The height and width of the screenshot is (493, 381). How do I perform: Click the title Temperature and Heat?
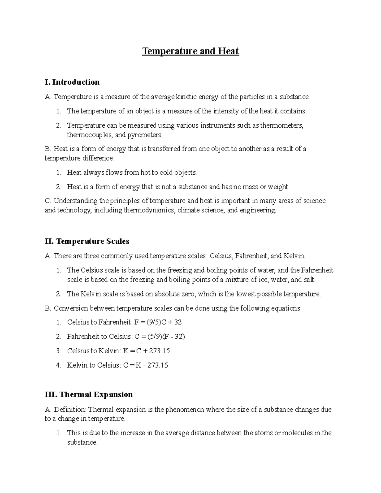tap(190, 51)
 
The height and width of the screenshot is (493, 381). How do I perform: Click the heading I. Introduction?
tap(72, 82)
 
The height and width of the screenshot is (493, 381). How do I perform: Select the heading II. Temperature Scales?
tap(87, 241)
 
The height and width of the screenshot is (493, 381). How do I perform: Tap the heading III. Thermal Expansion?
tap(89, 395)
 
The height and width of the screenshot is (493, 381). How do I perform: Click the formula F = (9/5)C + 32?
tap(158, 322)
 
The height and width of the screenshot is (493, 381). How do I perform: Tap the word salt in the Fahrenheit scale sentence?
tap(309, 280)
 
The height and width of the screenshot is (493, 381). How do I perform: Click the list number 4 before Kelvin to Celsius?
tap(58, 365)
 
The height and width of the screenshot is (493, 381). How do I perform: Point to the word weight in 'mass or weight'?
tap(278, 187)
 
